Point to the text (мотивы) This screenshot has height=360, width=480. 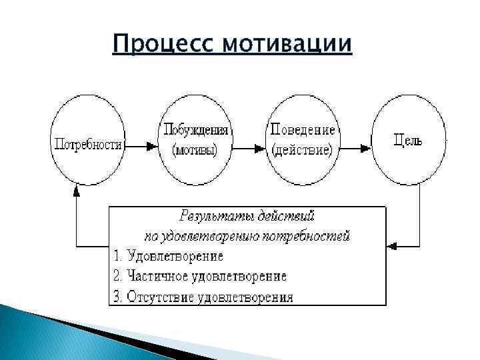point(195,150)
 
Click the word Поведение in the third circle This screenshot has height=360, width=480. point(302,129)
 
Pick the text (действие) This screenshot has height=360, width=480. point(302,150)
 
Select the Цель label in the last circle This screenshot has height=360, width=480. point(408,140)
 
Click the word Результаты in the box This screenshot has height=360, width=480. point(207,216)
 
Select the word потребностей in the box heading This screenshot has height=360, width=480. point(315,235)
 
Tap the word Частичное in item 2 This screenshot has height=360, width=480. point(153,275)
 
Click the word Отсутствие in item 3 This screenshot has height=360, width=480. point(157,296)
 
